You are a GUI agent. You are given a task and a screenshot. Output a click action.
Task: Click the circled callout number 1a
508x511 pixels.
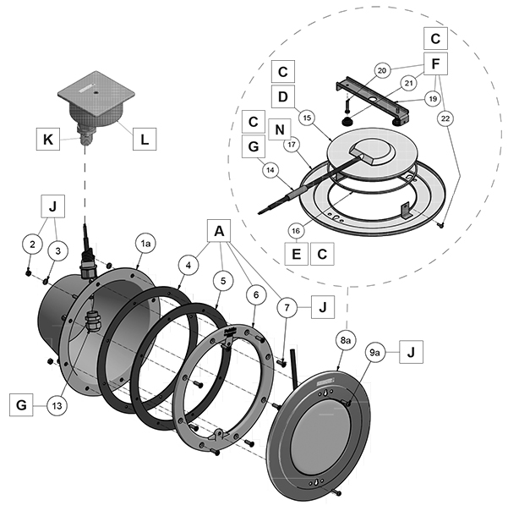tap(145, 243)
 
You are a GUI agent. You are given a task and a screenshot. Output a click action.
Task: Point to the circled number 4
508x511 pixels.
tap(190, 264)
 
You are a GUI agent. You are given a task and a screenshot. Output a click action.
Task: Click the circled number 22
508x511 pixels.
tap(445, 118)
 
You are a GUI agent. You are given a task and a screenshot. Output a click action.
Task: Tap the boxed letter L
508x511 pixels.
tap(146, 138)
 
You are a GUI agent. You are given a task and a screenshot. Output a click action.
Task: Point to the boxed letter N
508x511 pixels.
tap(278, 130)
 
